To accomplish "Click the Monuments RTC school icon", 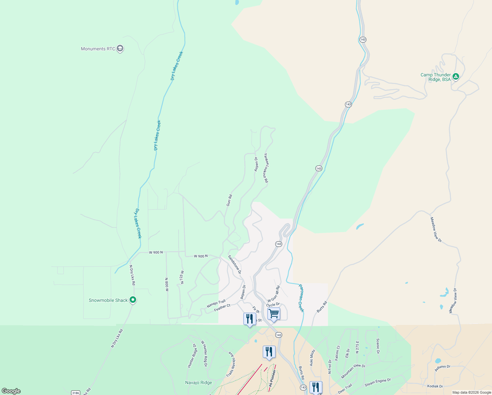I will tap(120, 49).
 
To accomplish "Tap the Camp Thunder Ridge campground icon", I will tap(455, 77).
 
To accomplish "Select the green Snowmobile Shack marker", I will tap(133, 300).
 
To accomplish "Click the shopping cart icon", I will tap(274, 314).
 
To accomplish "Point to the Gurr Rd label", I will tap(229, 200).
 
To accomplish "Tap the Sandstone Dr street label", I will tap(235, 264).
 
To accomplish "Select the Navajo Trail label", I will tap(216, 303).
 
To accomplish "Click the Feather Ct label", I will tap(222, 308).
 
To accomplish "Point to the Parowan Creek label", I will tap(301, 298).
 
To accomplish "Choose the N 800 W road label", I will tap(167, 285).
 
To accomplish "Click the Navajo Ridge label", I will tap(199, 382).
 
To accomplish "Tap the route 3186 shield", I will tap(76, 393).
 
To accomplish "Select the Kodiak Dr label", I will tap(435, 386).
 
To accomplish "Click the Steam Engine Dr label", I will tap(378, 382).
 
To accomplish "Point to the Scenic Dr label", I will tap(378, 346).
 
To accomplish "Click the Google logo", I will tap(11, 391).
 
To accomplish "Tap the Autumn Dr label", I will tap(442, 368).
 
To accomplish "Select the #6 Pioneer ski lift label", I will tap(271, 378).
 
